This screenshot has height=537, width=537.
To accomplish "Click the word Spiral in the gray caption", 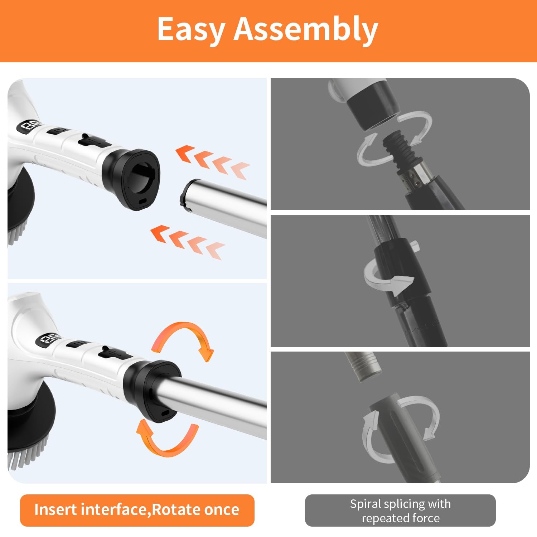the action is pos(366,504).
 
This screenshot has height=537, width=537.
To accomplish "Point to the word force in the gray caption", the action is pos(426,518).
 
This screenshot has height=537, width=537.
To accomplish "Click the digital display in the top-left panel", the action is pos(29,126).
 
